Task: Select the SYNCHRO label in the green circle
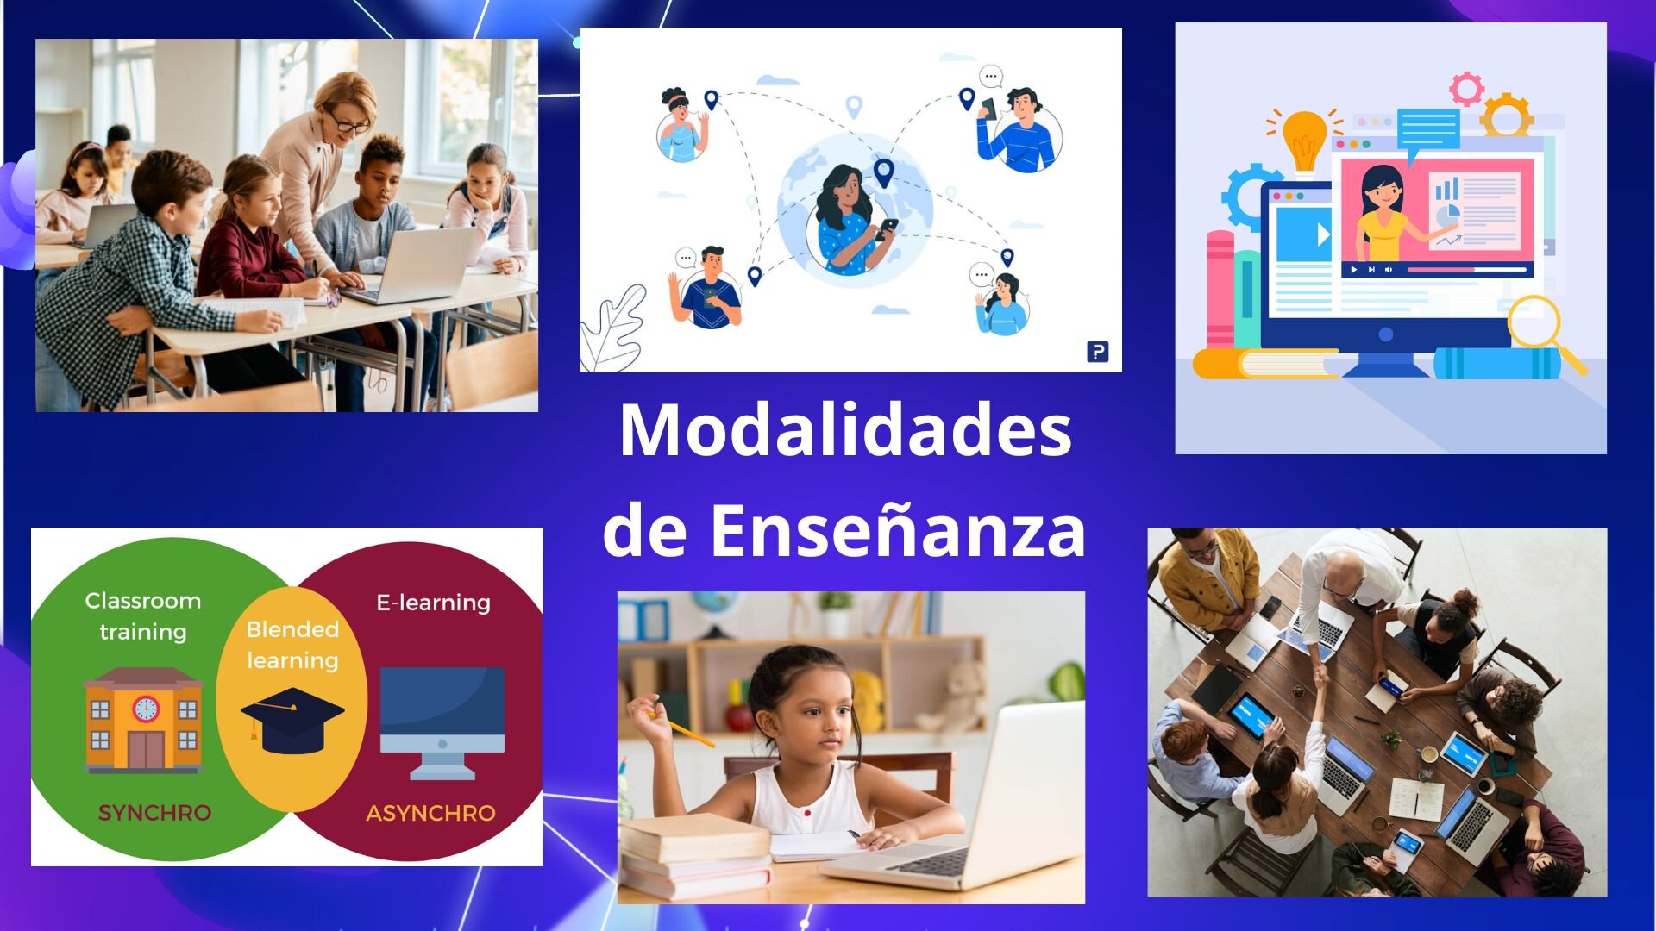pos(154,813)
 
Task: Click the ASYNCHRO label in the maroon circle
pos(430,813)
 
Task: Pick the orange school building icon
pos(143,719)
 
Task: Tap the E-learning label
pos(433,603)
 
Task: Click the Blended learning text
pos(292,645)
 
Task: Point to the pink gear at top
pos(1466,89)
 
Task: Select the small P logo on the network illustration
pos(1098,352)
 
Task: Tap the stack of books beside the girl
pos(695,858)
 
